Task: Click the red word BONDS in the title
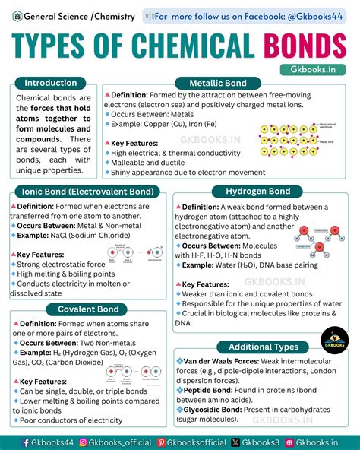tap(305, 45)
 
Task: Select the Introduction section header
tap(50, 83)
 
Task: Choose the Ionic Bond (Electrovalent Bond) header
tap(88, 191)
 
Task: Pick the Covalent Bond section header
tap(88, 309)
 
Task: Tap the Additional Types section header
tap(263, 347)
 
